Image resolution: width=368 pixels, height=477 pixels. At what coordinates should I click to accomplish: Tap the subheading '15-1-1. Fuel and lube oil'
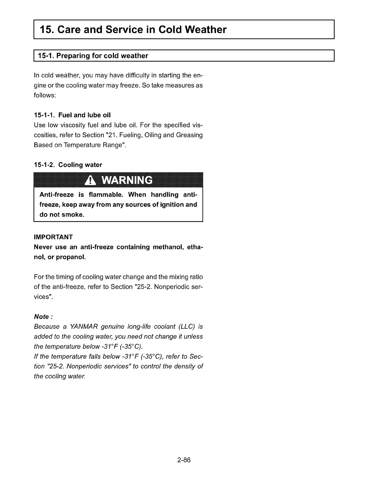pyautogui.click(x=72, y=115)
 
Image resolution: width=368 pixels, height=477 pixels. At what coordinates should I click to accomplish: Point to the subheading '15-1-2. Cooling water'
pyautogui.click(x=68, y=165)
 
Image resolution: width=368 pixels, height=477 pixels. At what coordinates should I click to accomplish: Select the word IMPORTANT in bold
pyautogui.click(x=53, y=237)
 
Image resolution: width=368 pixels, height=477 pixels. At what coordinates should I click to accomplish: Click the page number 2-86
pyautogui.click(x=184, y=460)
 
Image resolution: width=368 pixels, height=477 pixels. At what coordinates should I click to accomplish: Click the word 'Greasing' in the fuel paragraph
pyautogui.click(x=189, y=135)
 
